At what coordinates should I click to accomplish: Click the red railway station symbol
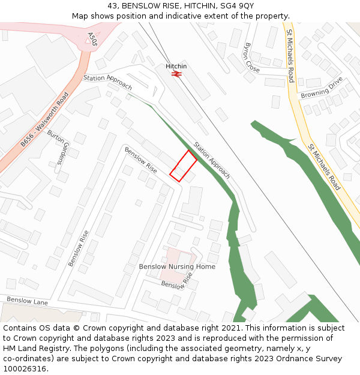coord(176,74)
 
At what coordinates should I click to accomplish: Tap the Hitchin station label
coord(176,66)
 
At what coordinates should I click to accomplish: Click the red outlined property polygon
coord(183,166)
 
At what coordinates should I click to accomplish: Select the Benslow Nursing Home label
coord(177,266)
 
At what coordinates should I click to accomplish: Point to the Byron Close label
coord(252,58)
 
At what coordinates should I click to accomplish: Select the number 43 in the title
coord(113,5)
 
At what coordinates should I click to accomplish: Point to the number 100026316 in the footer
coord(26,369)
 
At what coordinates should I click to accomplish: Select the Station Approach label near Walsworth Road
coord(107,82)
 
